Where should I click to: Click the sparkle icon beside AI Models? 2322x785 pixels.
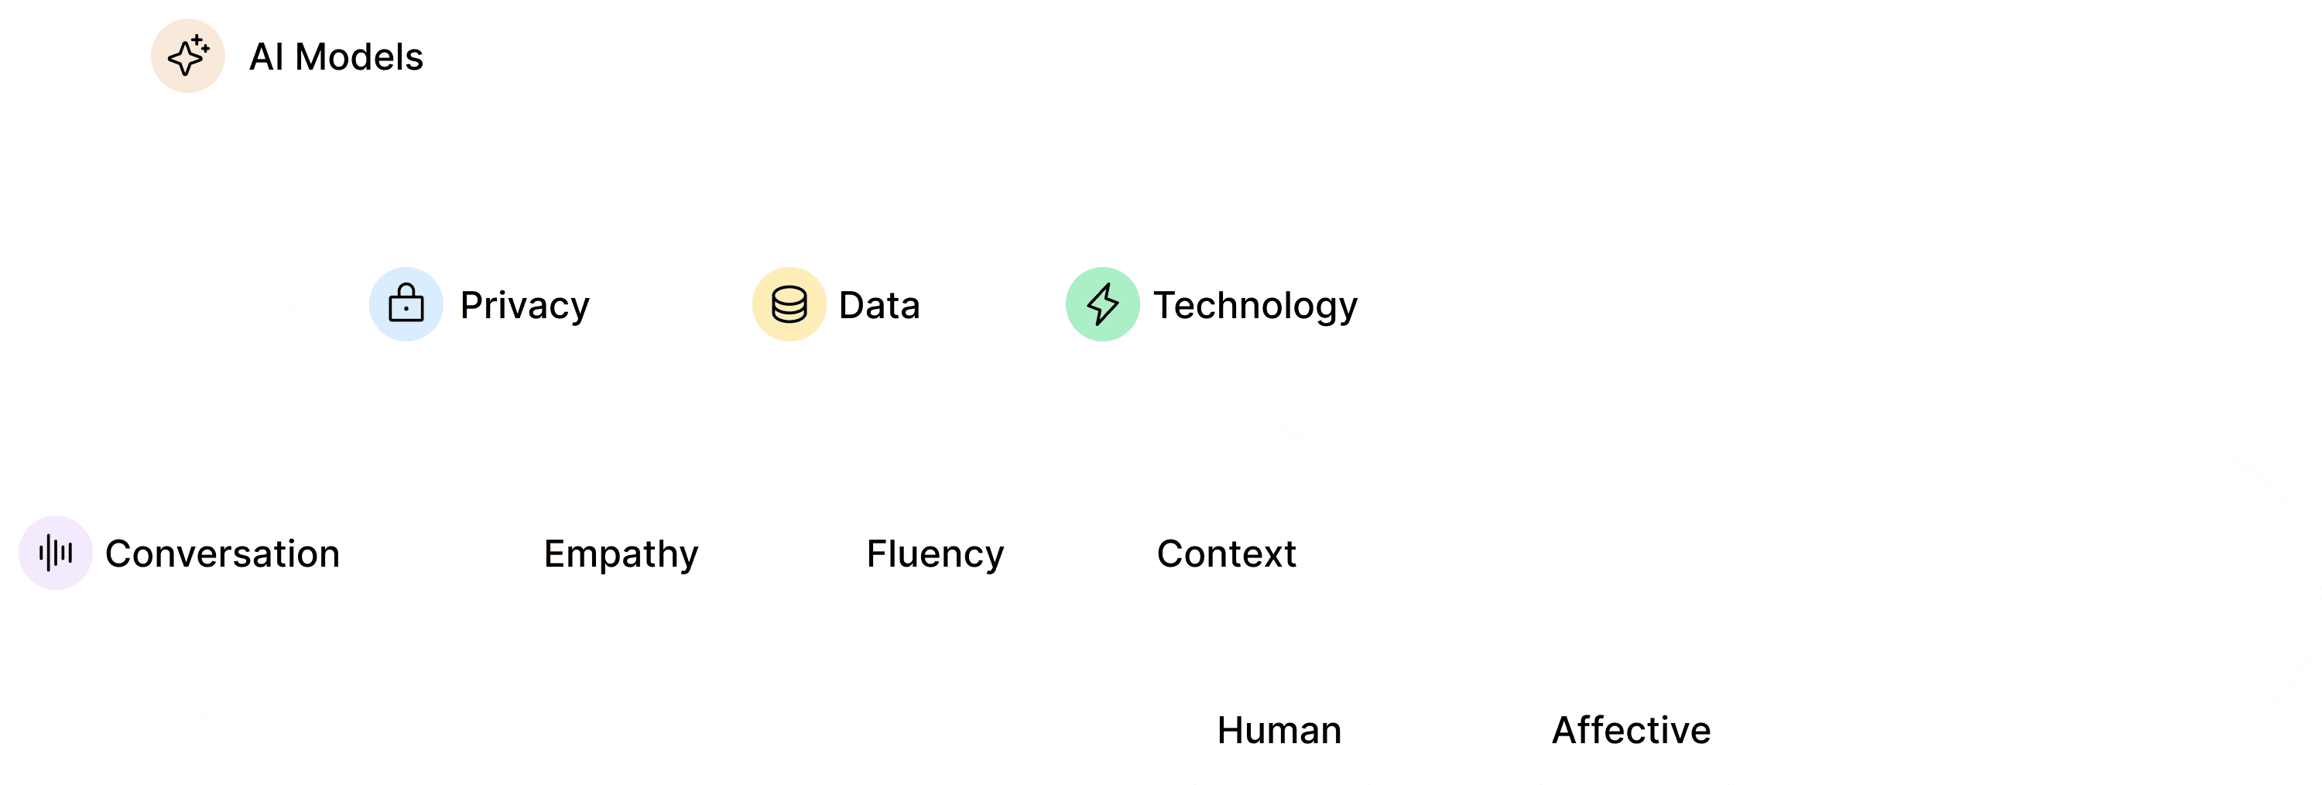pyautogui.click(x=187, y=56)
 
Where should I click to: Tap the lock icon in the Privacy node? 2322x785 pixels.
pyautogui.click(x=406, y=303)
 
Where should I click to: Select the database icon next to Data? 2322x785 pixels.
pyautogui.click(x=789, y=303)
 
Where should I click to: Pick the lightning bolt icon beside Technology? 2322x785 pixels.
pyautogui.click(x=1102, y=303)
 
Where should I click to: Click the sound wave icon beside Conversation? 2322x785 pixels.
pyautogui.click(x=56, y=553)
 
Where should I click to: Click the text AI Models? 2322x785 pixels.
pyautogui.click(x=335, y=57)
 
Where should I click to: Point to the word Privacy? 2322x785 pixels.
pyautogui.click(x=525, y=306)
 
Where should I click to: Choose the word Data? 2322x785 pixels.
pyautogui.click(x=878, y=306)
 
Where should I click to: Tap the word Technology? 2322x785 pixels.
pyautogui.click(x=1255, y=306)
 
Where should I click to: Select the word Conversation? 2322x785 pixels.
pyautogui.click(x=221, y=554)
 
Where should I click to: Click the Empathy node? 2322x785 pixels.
pyautogui.click(x=620, y=554)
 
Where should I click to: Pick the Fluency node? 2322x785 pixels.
pyautogui.click(x=935, y=554)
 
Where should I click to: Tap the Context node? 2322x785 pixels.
pyautogui.click(x=1227, y=554)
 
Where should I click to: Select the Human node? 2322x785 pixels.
pyautogui.click(x=1279, y=730)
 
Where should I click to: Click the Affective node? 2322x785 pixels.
pyautogui.click(x=1632, y=730)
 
